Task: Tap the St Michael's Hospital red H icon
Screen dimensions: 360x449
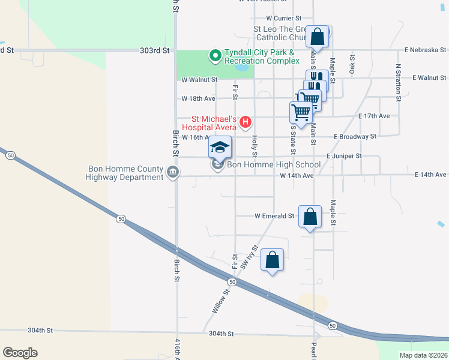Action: point(245,123)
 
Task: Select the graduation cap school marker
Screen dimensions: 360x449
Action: point(220,147)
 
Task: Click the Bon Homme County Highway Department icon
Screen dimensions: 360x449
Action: point(173,173)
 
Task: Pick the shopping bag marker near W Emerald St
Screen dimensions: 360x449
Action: point(310,217)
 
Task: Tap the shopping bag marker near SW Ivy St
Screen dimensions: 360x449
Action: point(273,260)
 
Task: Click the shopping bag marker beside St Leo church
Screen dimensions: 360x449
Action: point(318,37)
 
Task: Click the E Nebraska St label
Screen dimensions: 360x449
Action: point(426,49)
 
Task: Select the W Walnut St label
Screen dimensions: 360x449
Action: point(199,79)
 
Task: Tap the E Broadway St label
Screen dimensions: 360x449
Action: point(355,136)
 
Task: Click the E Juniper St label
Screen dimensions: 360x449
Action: point(344,156)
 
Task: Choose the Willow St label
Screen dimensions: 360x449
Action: point(220,302)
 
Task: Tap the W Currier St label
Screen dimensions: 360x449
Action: point(284,19)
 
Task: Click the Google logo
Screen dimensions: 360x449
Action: point(20,353)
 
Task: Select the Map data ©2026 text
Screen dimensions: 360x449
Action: point(423,355)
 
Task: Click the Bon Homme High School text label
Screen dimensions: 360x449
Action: point(274,165)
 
